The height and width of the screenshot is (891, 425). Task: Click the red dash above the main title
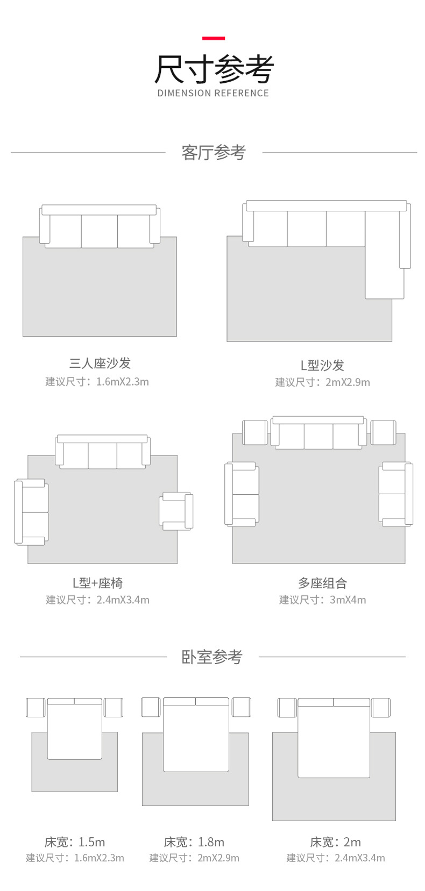point(213,38)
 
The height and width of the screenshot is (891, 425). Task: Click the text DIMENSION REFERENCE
point(213,93)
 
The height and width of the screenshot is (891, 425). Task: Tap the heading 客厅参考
point(213,153)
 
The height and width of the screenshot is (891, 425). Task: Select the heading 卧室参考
point(212,657)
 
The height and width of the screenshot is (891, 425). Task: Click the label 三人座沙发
point(100,363)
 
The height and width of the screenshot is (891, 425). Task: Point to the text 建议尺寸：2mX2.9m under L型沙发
point(322,382)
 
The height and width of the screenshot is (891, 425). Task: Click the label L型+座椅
point(98,583)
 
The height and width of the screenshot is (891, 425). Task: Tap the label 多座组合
point(322,583)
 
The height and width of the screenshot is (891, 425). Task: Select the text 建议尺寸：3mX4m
point(322,600)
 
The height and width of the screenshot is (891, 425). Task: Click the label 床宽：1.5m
point(75,842)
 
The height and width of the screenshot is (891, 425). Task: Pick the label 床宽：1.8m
point(194,842)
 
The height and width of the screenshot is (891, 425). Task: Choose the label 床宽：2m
point(335,842)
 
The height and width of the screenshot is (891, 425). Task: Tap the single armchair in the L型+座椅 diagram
point(175,510)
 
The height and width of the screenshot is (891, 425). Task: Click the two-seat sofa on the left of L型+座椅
point(32,512)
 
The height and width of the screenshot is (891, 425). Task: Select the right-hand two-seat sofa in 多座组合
point(395,494)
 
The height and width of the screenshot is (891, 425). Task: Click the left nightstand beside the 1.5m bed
point(36,708)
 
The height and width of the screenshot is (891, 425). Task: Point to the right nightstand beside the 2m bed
point(380,708)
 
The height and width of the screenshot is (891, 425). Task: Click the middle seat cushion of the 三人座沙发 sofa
point(100,231)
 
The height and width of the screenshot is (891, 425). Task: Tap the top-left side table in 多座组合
point(255,432)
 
